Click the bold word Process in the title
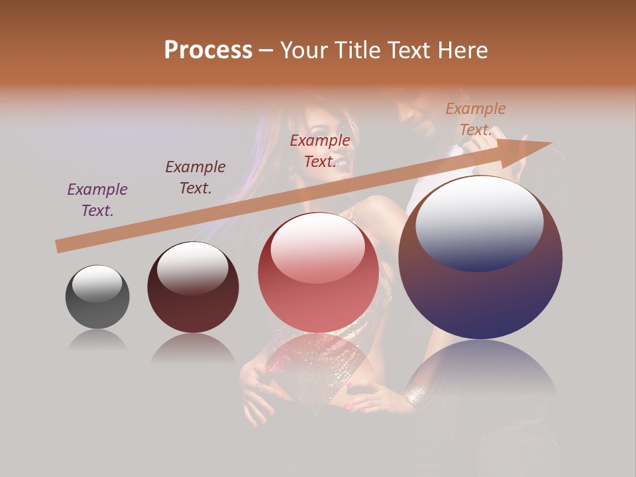(x=208, y=50)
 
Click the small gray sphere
(x=97, y=297)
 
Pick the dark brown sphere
(x=193, y=288)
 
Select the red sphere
(x=318, y=273)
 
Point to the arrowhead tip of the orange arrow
(x=551, y=143)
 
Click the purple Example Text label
(x=97, y=200)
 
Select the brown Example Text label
(x=195, y=178)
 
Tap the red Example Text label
(x=320, y=151)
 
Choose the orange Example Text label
(x=476, y=119)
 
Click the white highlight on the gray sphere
(x=97, y=284)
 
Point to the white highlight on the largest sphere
(x=479, y=223)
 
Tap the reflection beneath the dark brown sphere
(x=193, y=348)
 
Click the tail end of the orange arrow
(x=60, y=246)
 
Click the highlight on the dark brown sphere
(x=192, y=268)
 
